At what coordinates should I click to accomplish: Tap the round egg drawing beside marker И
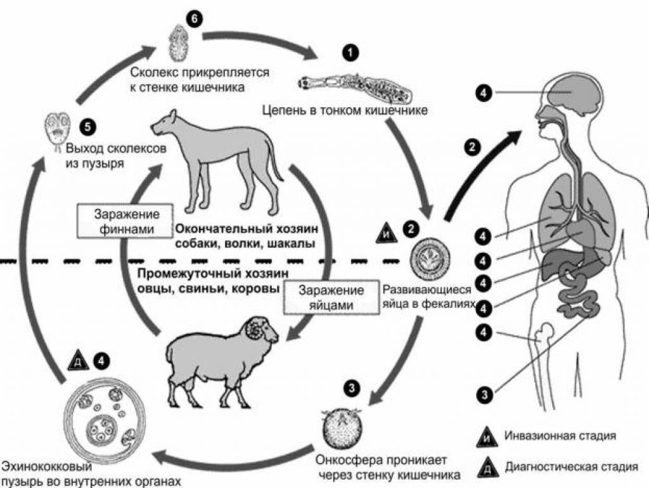click(428, 260)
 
